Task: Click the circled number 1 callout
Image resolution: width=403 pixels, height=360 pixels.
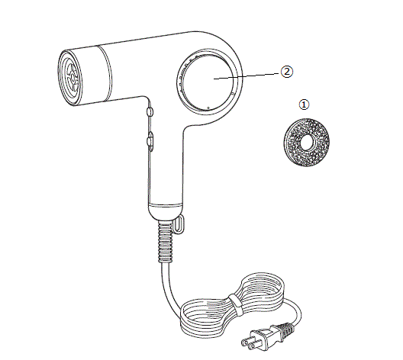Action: [x=304, y=104]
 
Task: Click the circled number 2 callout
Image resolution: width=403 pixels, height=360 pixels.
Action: [x=286, y=72]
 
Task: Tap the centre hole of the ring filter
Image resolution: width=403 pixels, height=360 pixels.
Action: [x=307, y=142]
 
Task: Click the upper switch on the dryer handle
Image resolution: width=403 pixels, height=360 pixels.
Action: [x=150, y=112]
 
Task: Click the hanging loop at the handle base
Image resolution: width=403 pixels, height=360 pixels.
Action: [x=179, y=223]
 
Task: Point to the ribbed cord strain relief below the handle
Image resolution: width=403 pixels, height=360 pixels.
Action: [x=165, y=242]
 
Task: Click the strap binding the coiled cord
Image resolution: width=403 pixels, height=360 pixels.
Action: [x=235, y=305]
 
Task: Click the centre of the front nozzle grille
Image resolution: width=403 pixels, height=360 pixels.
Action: [x=73, y=78]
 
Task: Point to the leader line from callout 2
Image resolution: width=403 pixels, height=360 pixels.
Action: [x=247, y=76]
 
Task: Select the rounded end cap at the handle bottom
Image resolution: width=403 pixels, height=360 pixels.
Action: [x=166, y=211]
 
